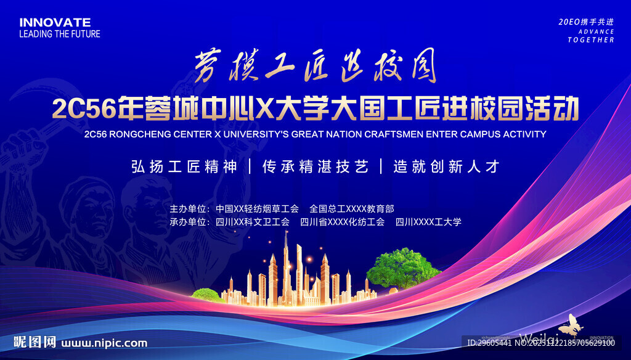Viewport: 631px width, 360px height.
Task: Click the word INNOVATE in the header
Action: pyautogui.click(x=55, y=23)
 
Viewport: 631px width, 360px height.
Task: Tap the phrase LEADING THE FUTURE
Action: pyautogui.click(x=59, y=35)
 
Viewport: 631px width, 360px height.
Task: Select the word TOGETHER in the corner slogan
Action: pyautogui.click(x=591, y=40)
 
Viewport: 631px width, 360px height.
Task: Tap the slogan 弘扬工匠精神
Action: pyautogui.click(x=184, y=166)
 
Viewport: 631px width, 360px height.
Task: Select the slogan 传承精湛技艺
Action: pyautogui.click(x=315, y=166)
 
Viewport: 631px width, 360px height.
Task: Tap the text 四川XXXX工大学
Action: pyautogui.click(x=428, y=222)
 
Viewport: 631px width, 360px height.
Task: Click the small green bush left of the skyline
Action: pyautogui.click(x=205, y=294)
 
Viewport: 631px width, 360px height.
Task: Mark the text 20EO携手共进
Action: pyautogui.click(x=586, y=22)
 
